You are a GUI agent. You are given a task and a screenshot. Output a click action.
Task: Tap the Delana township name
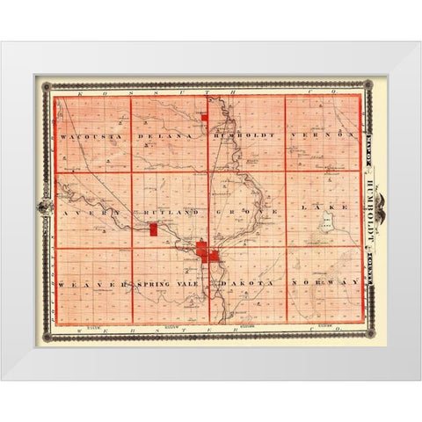(170, 138)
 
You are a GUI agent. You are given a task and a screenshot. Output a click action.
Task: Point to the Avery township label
(84, 213)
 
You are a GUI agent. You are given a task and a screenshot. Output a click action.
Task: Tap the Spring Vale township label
(167, 284)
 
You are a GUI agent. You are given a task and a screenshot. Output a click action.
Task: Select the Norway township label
(326, 284)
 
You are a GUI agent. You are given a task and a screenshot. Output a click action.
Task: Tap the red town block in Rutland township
(153, 229)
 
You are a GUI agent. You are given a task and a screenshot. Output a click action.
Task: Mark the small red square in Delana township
(203, 116)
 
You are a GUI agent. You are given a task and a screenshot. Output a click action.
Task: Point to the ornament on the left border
(41, 209)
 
